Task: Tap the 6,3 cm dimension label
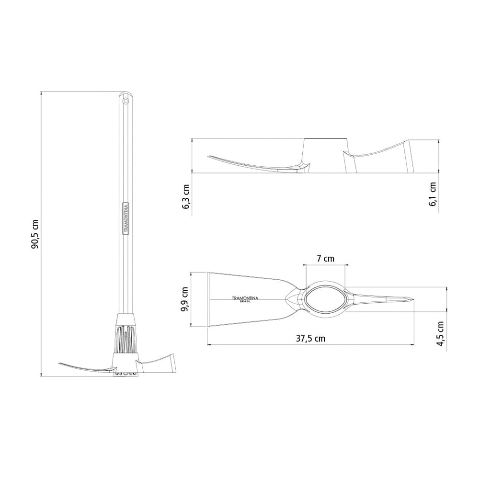click(185, 196)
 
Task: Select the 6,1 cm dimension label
click(433, 194)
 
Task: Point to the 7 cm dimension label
click(325, 259)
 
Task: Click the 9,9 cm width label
click(184, 299)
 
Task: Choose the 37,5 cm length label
click(311, 339)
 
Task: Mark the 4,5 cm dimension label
click(440, 333)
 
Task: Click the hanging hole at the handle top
click(125, 101)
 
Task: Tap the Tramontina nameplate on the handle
click(125, 218)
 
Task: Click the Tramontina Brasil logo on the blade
click(245, 299)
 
